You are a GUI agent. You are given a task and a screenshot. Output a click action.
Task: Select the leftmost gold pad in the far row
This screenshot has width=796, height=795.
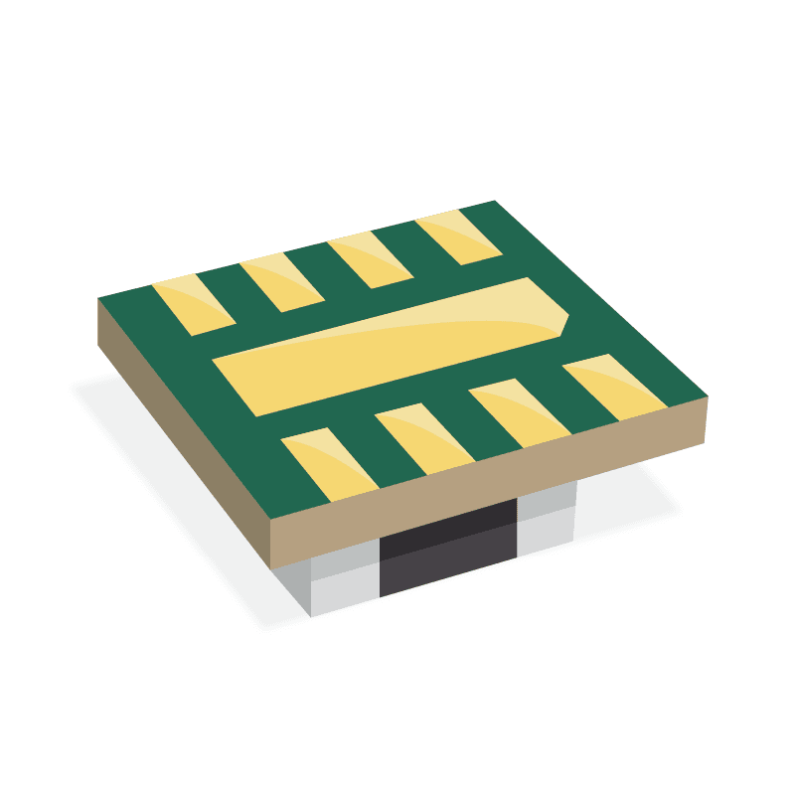coord(194,302)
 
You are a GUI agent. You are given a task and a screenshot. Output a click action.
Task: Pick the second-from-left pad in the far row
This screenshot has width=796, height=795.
coord(283,282)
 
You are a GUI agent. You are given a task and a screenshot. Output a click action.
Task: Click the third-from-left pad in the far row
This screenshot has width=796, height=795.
coord(370,260)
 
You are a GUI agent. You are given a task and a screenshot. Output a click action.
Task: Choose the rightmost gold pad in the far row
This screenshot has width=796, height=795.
coord(458,238)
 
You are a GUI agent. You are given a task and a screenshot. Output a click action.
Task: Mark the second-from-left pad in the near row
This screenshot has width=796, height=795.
coord(425,437)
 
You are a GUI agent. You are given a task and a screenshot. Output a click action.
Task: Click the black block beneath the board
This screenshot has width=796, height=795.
coord(447,552)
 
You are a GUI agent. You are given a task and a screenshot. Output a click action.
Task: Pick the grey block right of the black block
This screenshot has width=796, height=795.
coord(547,517)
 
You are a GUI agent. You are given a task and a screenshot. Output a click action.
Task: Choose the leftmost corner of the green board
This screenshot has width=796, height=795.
coord(99,299)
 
